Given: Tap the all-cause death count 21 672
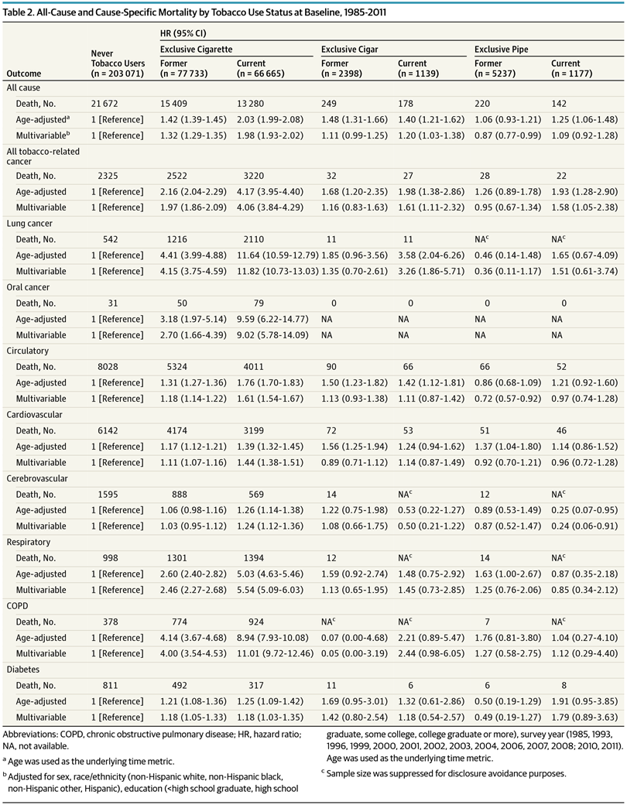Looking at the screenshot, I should click(108, 103).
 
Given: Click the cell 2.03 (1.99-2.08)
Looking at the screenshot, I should click(270, 118).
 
